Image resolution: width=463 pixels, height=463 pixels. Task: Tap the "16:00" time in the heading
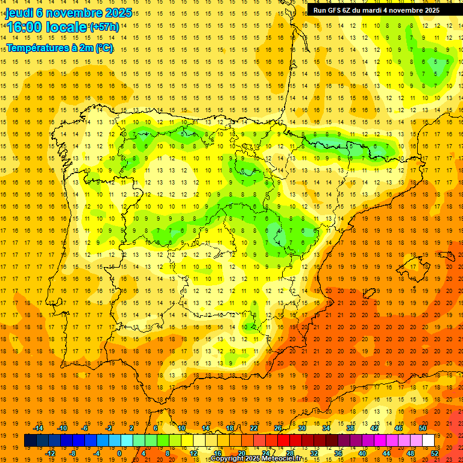tap(24, 27)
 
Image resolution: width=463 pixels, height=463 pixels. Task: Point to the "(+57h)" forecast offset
tap(104, 27)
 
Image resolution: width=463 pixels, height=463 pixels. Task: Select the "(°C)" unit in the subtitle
tap(103, 48)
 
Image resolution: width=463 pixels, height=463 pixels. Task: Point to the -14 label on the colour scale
tap(39, 428)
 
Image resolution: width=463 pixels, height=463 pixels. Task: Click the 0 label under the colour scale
tap(119, 453)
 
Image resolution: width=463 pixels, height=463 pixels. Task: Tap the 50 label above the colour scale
tap(423, 428)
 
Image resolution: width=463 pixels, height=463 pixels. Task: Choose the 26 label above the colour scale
tap(278, 428)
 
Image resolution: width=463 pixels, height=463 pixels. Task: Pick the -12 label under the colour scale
tap(51, 453)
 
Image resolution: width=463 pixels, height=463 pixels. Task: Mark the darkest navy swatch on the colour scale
tap(30, 441)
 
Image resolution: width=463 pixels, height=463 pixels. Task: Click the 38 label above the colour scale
tap(350, 428)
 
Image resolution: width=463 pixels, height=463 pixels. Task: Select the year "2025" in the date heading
tap(114, 12)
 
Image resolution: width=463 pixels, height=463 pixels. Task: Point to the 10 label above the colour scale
tap(181, 428)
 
